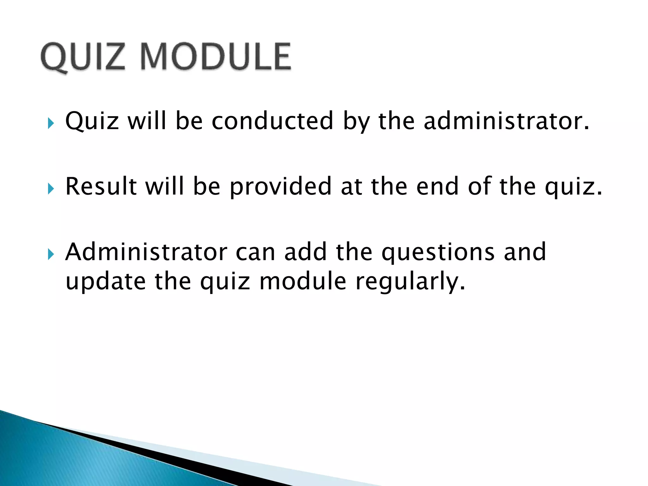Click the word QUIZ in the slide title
coord(83,57)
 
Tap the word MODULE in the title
coord(215,57)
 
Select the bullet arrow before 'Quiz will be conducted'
coord(51,123)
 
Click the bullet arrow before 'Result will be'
coord(51,189)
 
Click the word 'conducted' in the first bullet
coord(272,121)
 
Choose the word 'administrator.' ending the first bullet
coord(506,121)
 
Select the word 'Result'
coord(101,186)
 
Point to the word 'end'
coord(438,186)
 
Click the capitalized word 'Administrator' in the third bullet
coord(146,252)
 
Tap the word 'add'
coord(305,252)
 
